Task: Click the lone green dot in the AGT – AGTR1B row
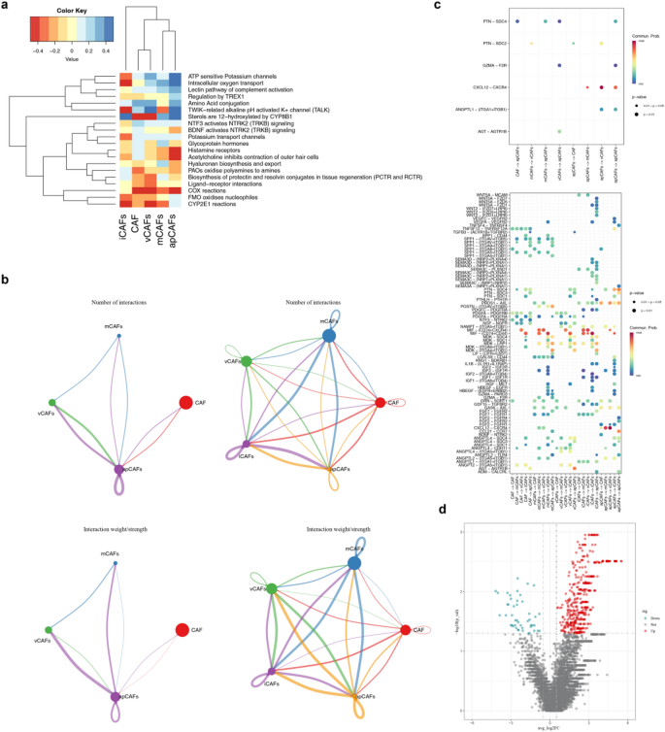[560, 129]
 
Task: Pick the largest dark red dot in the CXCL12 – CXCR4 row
[602, 86]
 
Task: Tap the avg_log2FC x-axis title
[550, 725]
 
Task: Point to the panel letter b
[6, 279]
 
